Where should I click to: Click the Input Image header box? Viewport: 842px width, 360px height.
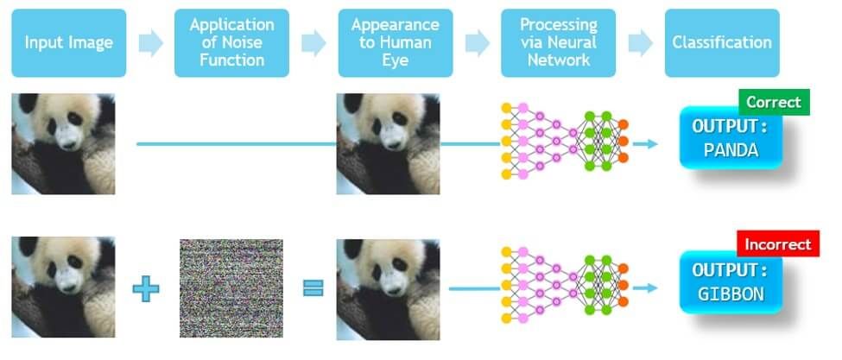click(x=69, y=42)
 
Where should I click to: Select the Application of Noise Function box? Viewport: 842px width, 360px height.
click(x=231, y=42)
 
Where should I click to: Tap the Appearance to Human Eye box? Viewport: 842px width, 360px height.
click(x=395, y=42)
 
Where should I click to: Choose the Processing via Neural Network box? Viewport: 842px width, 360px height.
click(x=558, y=42)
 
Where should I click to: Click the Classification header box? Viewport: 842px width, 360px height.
click(x=721, y=42)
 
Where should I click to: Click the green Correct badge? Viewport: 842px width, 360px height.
click(x=774, y=103)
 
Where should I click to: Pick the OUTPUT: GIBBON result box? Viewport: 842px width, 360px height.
click(x=731, y=282)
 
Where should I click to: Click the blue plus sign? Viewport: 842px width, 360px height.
click(x=146, y=287)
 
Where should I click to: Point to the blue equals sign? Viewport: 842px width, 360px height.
click(x=313, y=287)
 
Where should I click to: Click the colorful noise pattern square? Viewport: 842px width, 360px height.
click(x=231, y=287)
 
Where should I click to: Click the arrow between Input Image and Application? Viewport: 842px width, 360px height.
click(x=150, y=43)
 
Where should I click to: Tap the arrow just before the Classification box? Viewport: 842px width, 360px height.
click(x=640, y=43)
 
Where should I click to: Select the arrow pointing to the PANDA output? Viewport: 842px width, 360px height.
click(x=645, y=143)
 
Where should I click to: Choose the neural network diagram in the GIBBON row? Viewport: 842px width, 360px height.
click(x=563, y=285)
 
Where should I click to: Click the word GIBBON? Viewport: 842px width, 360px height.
click(x=731, y=294)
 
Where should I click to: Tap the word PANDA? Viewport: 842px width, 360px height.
click(x=731, y=150)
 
